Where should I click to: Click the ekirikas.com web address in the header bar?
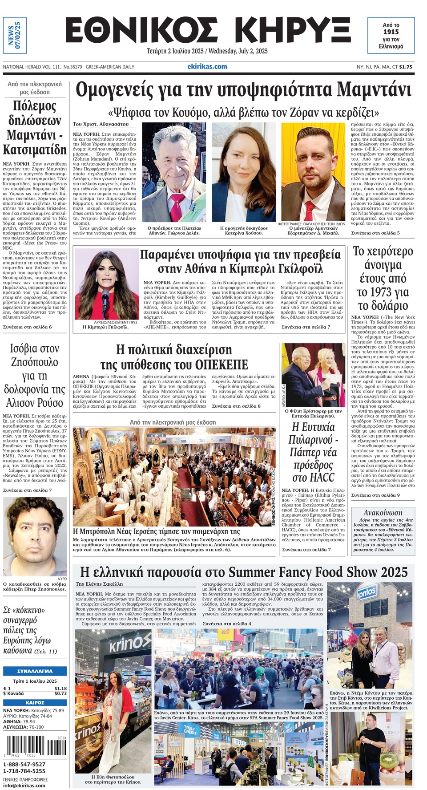pyautogui.click(x=207, y=66)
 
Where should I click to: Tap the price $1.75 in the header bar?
pyautogui.click(x=406, y=67)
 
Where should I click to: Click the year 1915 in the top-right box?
pyautogui.click(x=391, y=32)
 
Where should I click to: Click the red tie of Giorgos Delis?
pyautogui.click(x=176, y=206)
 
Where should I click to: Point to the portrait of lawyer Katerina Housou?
pyautogui.click(x=244, y=172)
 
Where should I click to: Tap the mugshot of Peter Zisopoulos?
pyautogui.click(x=34, y=536)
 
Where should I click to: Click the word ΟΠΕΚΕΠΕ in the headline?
pyautogui.click(x=222, y=365)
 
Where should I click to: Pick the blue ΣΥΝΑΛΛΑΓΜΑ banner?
pyautogui.click(x=35, y=671)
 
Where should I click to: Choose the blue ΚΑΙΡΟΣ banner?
pyautogui.click(x=35, y=703)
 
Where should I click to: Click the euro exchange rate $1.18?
pyautogui.click(x=60, y=688)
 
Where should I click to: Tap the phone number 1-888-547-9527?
pyautogui.click(x=24, y=764)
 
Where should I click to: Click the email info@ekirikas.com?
pyautogui.click(x=24, y=785)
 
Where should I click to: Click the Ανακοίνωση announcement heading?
pyautogui.click(x=383, y=512)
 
